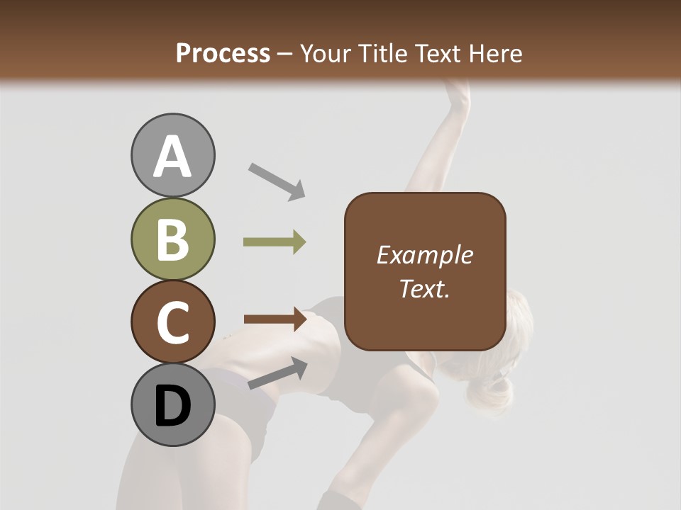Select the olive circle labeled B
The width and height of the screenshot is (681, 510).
(x=172, y=239)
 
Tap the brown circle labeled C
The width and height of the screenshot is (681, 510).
(x=172, y=322)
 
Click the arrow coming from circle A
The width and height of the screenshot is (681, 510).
(x=276, y=181)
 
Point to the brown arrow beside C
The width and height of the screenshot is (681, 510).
(x=275, y=319)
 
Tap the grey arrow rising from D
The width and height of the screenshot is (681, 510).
(x=277, y=373)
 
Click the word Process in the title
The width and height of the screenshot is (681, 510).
(x=223, y=53)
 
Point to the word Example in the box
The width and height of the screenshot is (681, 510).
(x=424, y=255)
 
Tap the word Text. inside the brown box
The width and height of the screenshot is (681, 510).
(x=424, y=288)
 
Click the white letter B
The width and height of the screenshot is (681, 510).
(x=172, y=239)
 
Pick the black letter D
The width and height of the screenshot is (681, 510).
(x=172, y=407)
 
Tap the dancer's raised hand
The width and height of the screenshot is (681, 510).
(x=458, y=92)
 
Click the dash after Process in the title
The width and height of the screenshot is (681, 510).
(x=285, y=54)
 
